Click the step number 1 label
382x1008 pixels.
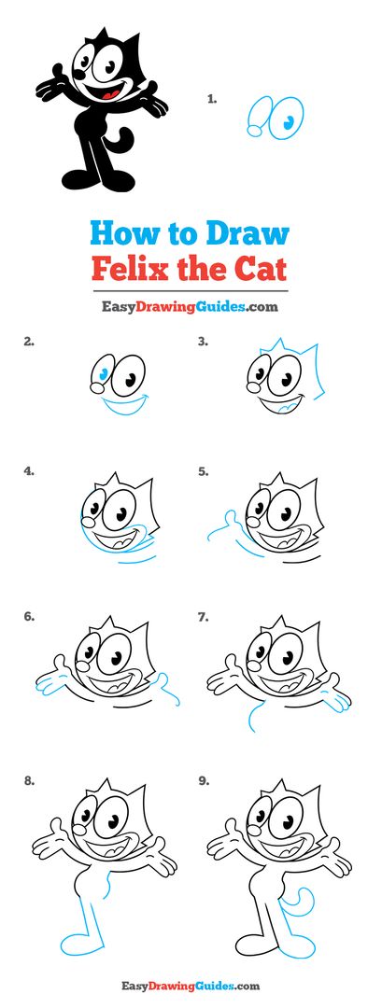212,96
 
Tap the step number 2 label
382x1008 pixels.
29,342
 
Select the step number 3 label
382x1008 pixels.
202,342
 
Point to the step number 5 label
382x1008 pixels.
203,471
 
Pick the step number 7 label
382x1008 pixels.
203,617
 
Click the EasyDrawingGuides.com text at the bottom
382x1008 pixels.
191,986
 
